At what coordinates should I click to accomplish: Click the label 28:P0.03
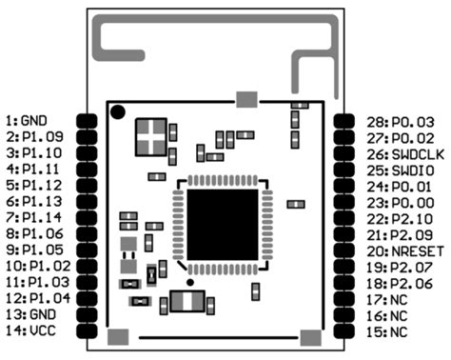[401, 122]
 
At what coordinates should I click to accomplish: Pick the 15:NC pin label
[390, 330]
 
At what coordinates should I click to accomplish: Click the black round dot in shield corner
[117, 112]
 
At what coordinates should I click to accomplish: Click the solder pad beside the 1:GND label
[88, 122]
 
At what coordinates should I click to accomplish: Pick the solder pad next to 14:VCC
[88, 330]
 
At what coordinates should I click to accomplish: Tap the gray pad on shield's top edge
[246, 98]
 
